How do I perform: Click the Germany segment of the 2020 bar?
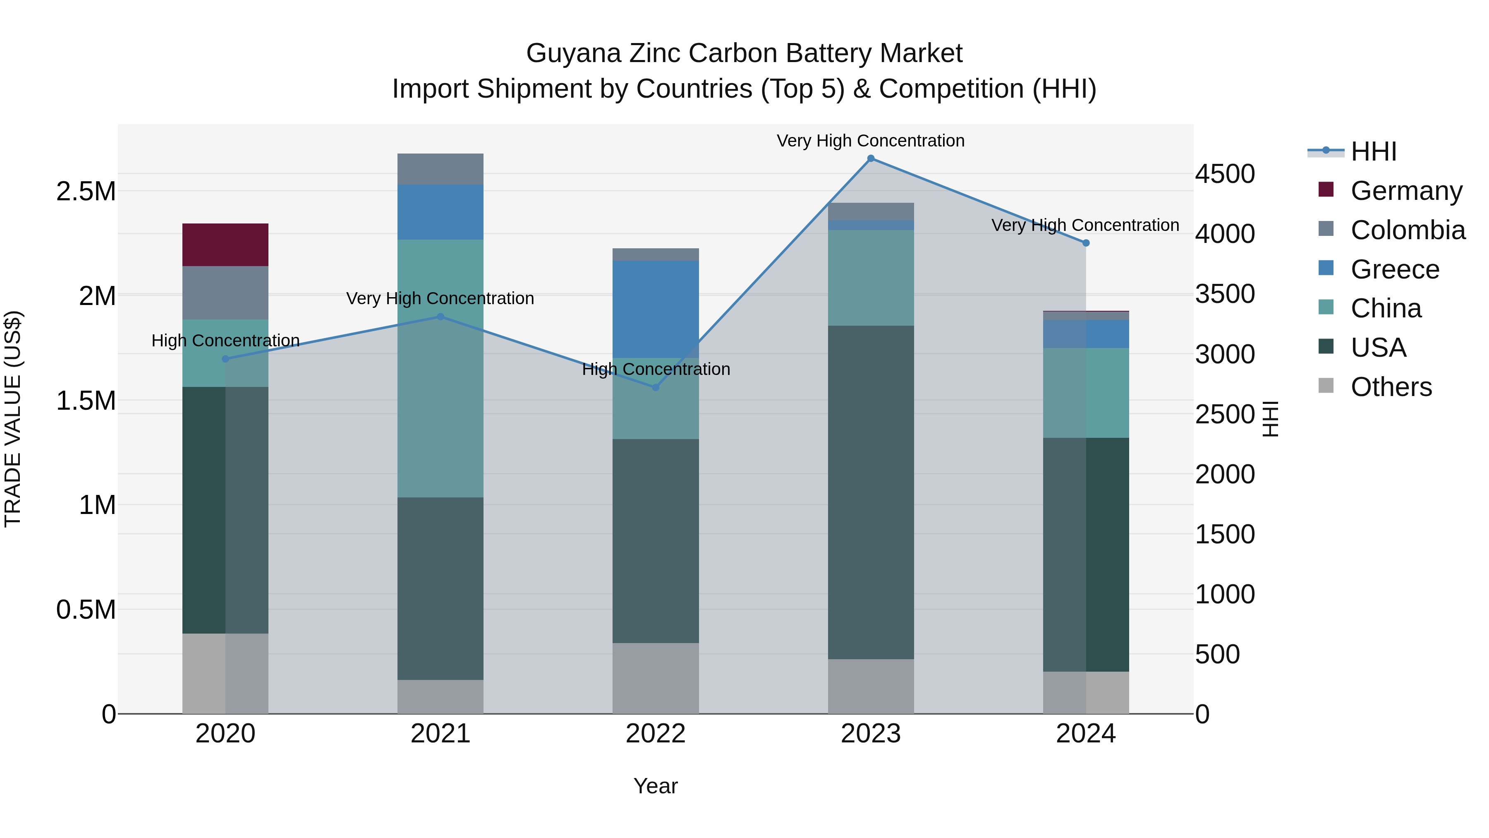click(x=225, y=245)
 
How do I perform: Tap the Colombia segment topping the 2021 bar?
click(x=440, y=169)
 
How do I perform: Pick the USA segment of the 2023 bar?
click(x=871, y=492)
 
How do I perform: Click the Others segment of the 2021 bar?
click(x=440, y=696)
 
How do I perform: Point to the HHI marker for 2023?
click(x=871, y=158)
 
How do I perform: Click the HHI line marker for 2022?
click(x=656, y=387)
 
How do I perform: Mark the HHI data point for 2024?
click(x=1086, y=243)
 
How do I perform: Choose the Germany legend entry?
click(x=1406, y=190)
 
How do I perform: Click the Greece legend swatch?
click(x=1326, y=268)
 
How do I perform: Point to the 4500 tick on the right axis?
click(x=1225, y=174)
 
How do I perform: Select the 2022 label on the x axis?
click(x=656, y=734)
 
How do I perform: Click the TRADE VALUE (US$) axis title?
click(x=13, y=419)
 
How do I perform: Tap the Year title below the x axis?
click(x=656, y=786)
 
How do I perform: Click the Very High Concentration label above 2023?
click(x=871, y=141)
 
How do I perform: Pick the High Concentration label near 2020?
click(x=225, y=340)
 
